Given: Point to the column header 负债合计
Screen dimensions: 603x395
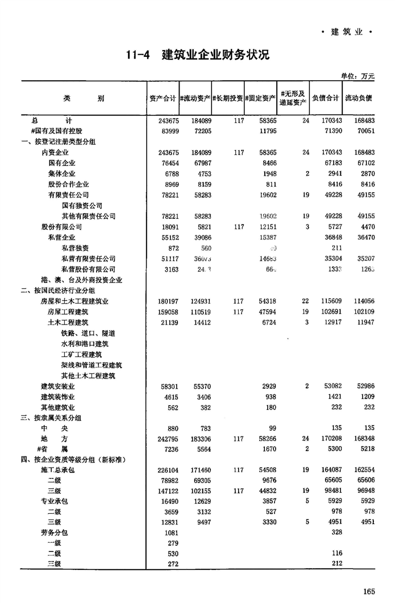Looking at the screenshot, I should click(326, 98).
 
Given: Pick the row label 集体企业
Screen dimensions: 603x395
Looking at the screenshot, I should click(61, 174).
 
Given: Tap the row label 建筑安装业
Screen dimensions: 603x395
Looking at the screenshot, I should click(58, 386).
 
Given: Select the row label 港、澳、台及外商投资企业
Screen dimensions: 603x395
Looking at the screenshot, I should click(82, 280).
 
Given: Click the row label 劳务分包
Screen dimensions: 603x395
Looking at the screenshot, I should click(55, 533).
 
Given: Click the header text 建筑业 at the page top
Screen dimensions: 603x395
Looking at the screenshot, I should click(346, 32).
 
